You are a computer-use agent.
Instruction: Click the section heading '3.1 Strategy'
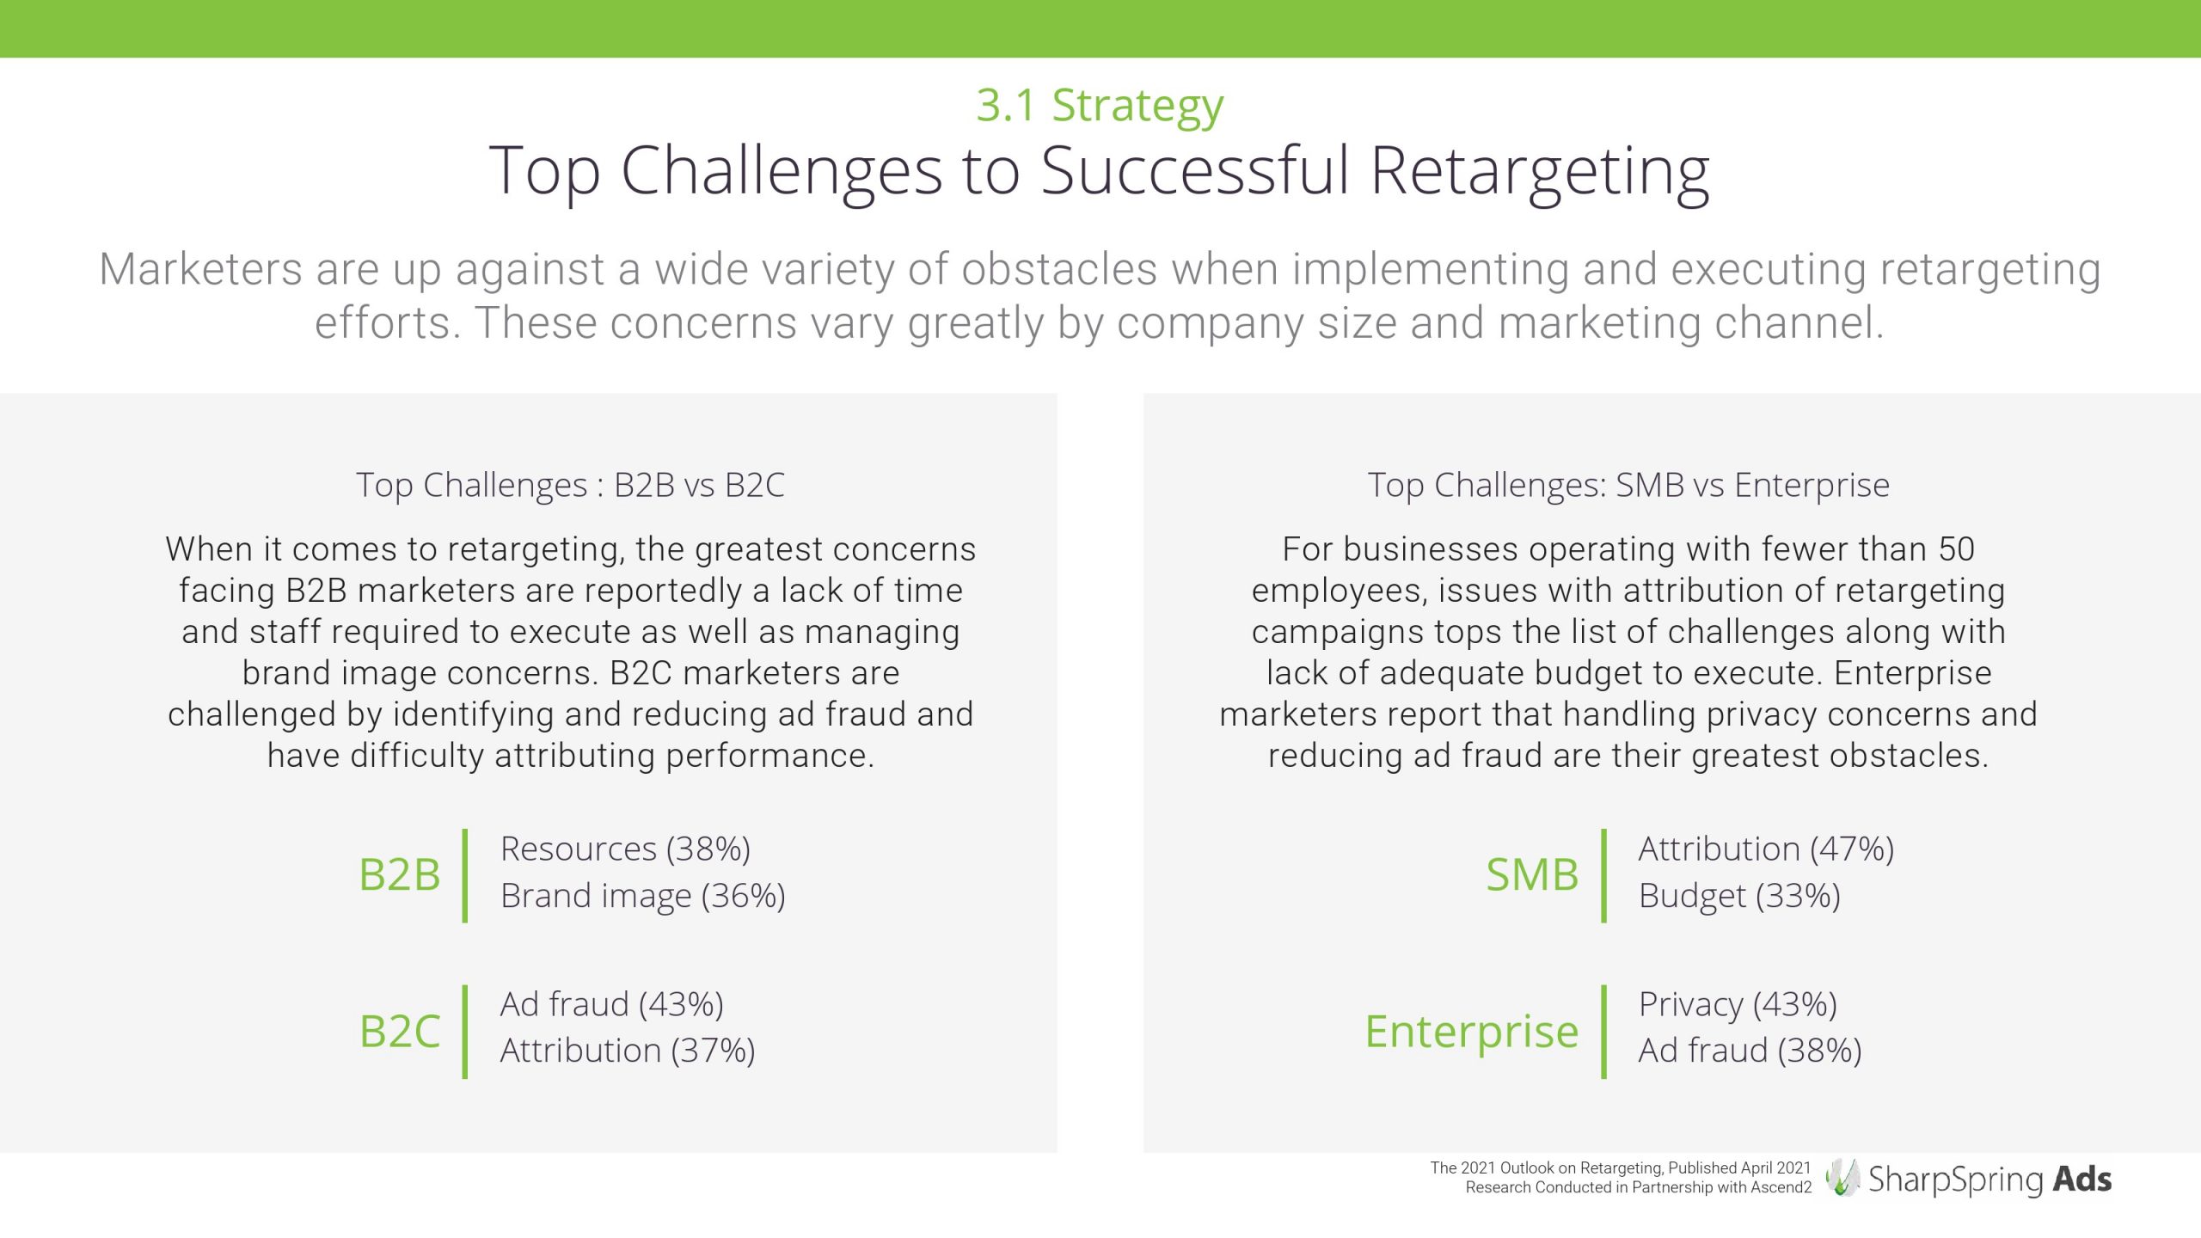point(1100,107)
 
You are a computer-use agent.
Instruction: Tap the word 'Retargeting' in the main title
point(1539,173)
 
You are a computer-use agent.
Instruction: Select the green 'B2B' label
point(399,874)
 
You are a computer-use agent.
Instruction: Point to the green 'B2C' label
point(399,1031)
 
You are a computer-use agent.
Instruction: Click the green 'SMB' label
point(1532,874)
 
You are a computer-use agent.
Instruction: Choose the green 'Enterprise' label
point(1472,1032)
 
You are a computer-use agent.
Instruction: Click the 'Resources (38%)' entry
point(625,849)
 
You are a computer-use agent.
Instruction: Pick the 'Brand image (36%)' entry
point(642,896)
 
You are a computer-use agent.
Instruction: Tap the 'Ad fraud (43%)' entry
point(611,1004)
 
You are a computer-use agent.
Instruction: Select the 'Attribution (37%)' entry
point(628,1051)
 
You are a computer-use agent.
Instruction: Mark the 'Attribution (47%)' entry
point(1766,849)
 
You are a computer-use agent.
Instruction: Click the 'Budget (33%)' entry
point(1739,896)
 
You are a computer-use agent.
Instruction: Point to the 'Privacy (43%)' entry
point(1738,1004)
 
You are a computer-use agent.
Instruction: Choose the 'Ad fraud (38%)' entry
point(1750,1051)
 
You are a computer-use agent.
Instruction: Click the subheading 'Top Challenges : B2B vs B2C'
point(571,485)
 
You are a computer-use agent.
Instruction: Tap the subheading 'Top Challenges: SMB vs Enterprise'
point(1628,485)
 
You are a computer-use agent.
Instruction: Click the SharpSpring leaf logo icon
point(1842,1177)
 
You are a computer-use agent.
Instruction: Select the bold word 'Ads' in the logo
point(2082,1179)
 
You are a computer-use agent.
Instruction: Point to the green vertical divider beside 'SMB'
point(1603,875)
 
